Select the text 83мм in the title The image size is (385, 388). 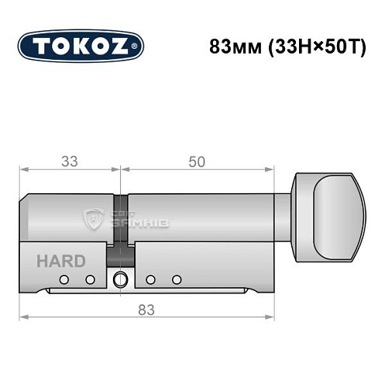(x=229, y=45)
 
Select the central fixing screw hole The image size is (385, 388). (x=120, y=280)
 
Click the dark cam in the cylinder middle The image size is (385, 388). (x=120, y=225)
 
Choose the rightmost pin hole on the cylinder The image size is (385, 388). (x=177, y=279)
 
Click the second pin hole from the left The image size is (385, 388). (x=90, y=279)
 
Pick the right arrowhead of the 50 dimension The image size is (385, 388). (x=271, y=169)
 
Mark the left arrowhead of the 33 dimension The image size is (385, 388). (x=23, y=169)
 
